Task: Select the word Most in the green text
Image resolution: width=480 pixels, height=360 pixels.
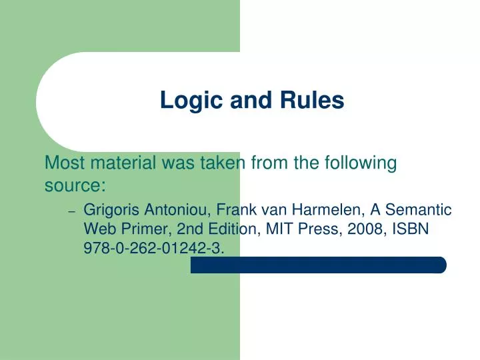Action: coord(63,162)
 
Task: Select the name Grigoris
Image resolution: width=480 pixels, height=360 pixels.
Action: coord(110,210)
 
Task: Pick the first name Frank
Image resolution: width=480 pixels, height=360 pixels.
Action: coord(233,210)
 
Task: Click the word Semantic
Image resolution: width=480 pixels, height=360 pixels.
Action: coord(419,210)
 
